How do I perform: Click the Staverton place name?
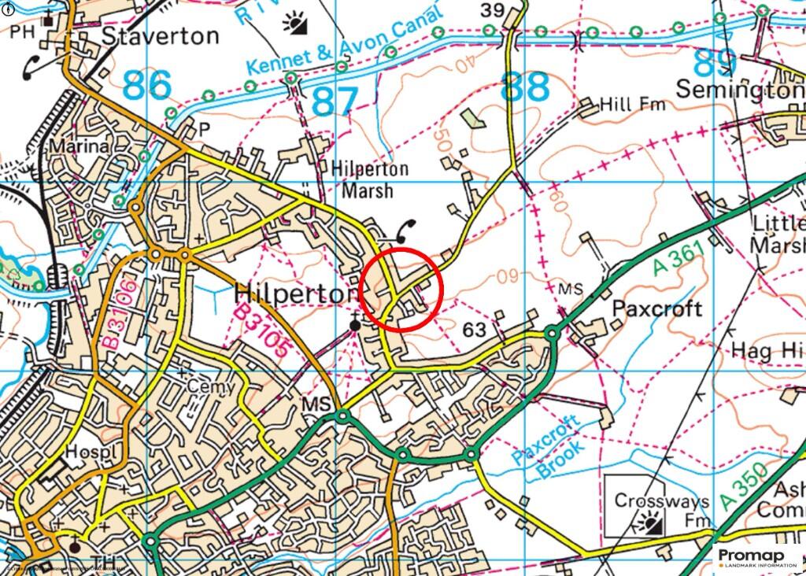tap(161, 36)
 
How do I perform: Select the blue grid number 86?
tap(146, 85)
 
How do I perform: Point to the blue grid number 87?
tap(335, 101)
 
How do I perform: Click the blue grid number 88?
tap(526, 87)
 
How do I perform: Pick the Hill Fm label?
tap(632, 105)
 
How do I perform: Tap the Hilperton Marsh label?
tap(369, 179)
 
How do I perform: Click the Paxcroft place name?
tap(656, 308)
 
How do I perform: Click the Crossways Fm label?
tap(662, 509)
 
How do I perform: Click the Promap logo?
tap(756, 557)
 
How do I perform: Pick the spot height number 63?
tap(475, 329)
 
